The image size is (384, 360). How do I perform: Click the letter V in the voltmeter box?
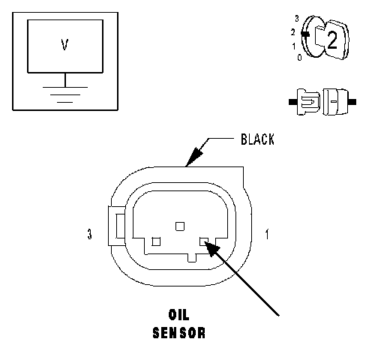click(x=64, y=45)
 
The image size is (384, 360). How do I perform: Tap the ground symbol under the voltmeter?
click(x=65, y=94)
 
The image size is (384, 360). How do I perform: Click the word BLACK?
click(x=257, y=139)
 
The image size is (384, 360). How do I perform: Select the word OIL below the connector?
click(x=179, y=315)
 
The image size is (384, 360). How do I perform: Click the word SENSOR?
click(x=179, y=333)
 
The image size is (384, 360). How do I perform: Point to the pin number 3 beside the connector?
click(x=89, y=234)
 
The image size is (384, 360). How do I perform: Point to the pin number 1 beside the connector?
click(x=267, y=234)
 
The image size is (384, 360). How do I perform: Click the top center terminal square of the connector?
click(x=180, y=226)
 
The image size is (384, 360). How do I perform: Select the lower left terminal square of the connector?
click(x=156, y=241)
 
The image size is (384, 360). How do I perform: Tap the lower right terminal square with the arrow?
click(x=204, y=241)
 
